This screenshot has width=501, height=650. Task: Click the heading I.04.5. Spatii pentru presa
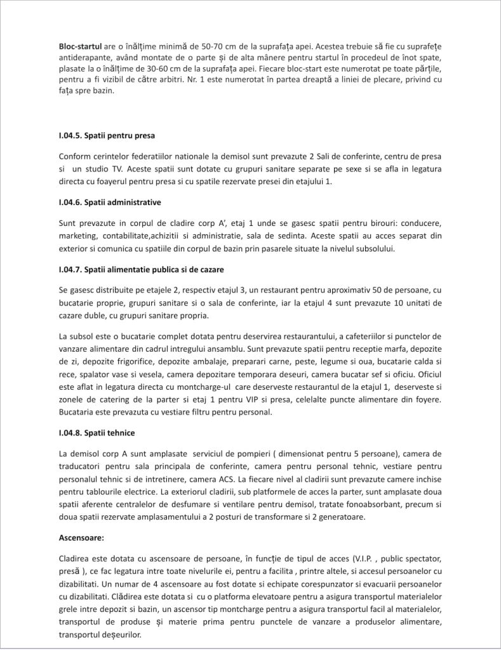(x=107, y=135)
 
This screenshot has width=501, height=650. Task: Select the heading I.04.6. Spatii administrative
(x=110, y=202)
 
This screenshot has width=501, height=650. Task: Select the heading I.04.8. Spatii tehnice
(x=97, y=432)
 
